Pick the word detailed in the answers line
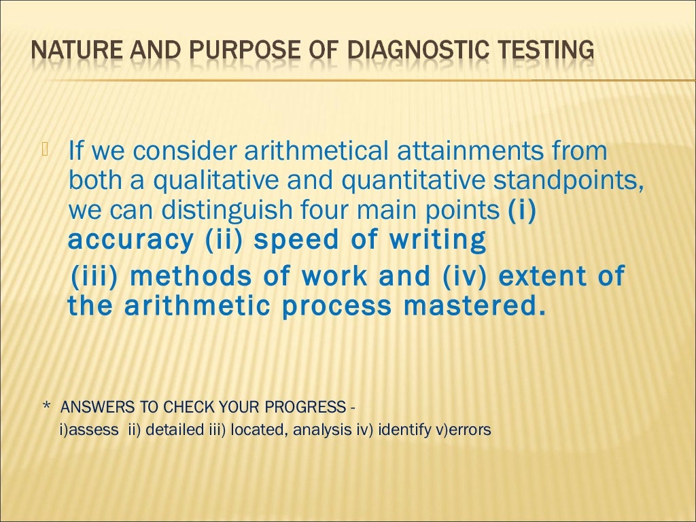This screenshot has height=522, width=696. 175,430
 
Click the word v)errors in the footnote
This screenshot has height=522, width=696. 462,430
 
